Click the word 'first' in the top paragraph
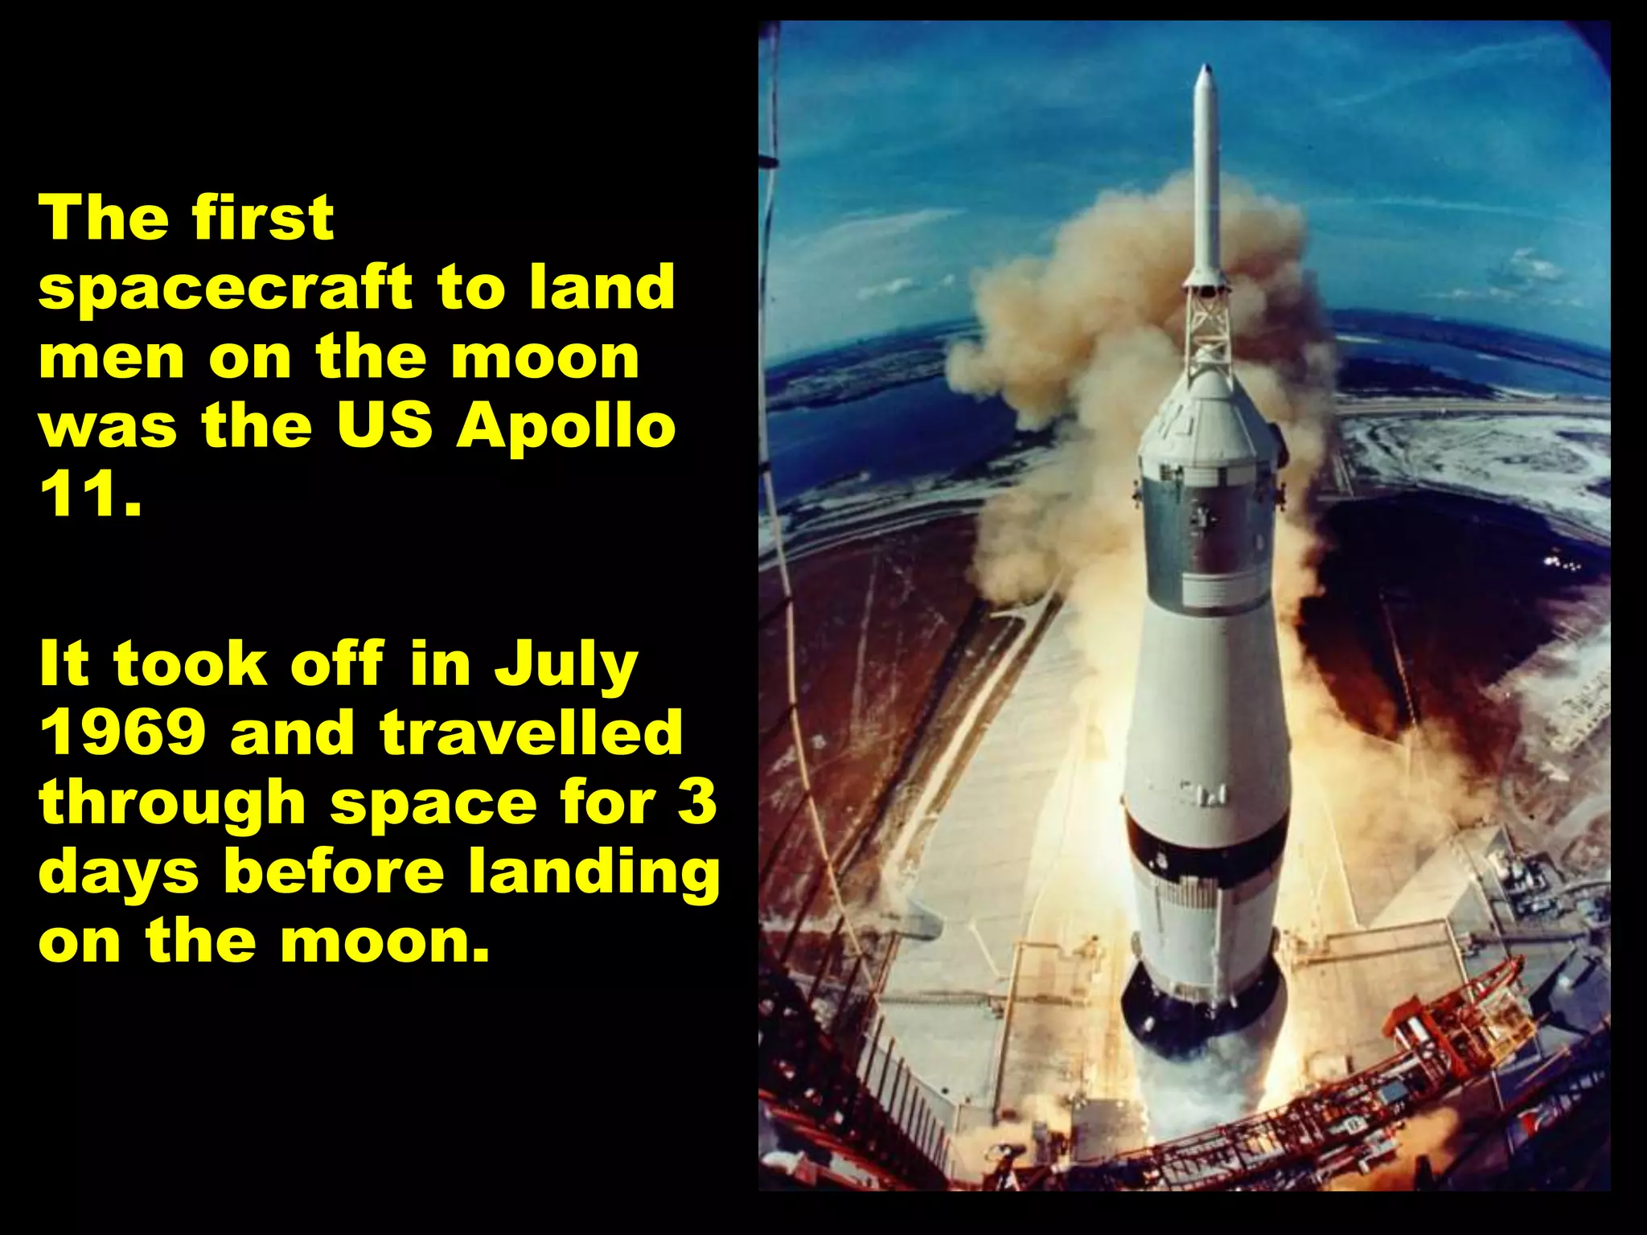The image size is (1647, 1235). pyautogui.click(x=263, y=218)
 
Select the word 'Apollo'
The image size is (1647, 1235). pyautogui.click(x=566, y=427)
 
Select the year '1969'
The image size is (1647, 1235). pyautogui.click(x=121, y=732)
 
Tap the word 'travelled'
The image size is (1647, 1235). pyautogui.click(x=531, y=732)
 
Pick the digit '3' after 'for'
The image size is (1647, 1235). pyautogui.click(x=696, y=802)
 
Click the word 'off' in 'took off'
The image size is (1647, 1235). pyautogui.click(x=337, y=664)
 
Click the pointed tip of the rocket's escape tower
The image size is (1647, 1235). pyautogui.click(x=1205, y=69)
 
